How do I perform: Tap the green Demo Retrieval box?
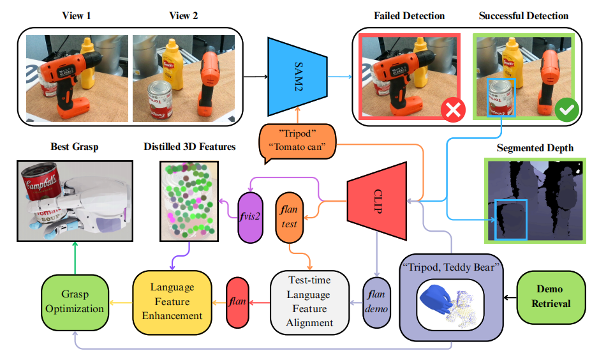click(549, 297)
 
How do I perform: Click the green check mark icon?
click(565, 110)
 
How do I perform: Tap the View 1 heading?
click(76, 15)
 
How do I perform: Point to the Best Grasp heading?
click(74, 147)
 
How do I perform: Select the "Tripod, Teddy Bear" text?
click(452, 266)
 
